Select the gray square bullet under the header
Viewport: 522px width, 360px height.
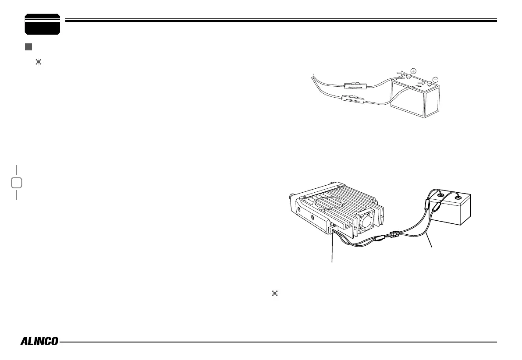28,46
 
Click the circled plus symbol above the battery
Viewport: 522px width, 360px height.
413,71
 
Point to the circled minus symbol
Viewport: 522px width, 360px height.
435,79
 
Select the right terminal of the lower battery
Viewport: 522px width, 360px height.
458,198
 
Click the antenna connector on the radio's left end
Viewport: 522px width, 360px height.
290,198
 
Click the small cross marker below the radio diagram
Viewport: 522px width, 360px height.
275,293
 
